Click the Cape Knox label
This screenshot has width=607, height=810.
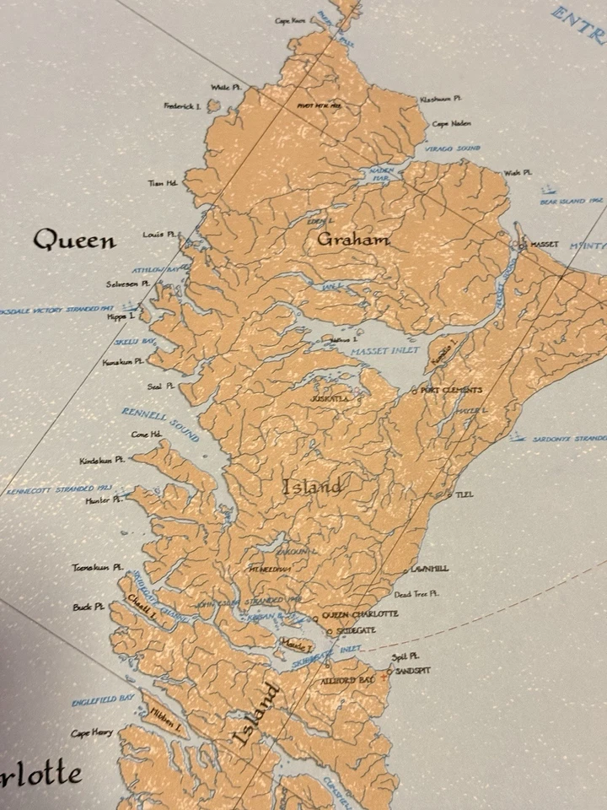289,21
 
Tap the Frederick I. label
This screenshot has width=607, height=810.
181,106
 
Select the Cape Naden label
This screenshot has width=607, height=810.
451,124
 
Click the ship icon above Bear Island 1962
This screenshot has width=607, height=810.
548,191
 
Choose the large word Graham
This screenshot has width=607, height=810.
353,240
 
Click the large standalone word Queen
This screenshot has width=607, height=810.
74,240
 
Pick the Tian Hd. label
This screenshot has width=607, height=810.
161,182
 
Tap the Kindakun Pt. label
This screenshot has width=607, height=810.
102,461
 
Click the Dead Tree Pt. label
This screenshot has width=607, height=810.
416,594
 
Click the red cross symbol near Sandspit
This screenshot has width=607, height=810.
385,677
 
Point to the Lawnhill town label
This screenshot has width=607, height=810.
429,569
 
